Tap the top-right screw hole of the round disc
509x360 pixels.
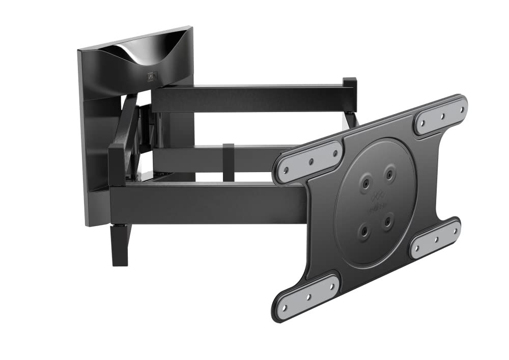[x=389, y=174]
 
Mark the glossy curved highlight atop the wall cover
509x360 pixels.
[x=127, y=53]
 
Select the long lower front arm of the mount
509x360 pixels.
[x=204, y=204]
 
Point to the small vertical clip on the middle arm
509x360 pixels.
[x=229, y=162]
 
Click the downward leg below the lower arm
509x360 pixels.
[x=120, y=244]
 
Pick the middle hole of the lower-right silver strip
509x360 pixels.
[x=435, y=238]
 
